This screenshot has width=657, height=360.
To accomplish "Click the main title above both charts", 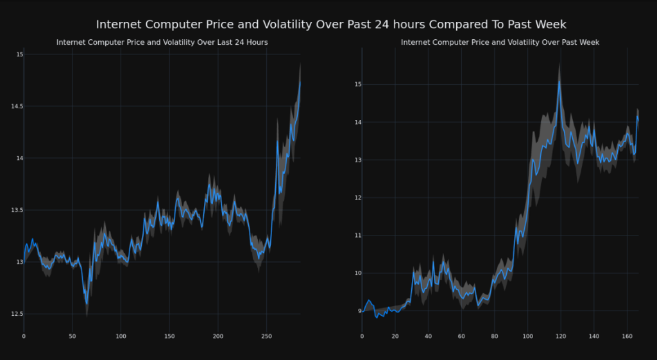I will pyautogui.click(x=331, y=24).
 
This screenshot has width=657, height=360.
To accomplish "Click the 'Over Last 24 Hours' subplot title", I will pyautogui.click(x=162, y=42).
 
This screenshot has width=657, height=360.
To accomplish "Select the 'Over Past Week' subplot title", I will pyautogui.click(x=500, y=42).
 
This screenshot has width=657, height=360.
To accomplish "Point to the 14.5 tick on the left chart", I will pyautogui.click(x=17, y=107).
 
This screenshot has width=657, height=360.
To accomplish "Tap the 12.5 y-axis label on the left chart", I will pyautogui.click(x=17, y=314).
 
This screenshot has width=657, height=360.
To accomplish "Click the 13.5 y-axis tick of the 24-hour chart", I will pyautogui.click(x=17, y=210).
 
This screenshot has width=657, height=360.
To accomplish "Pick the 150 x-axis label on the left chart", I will pyautogui.click(x=169, y=336).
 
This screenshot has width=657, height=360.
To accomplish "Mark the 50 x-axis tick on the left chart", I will pyautogui.click(x=72, y=336).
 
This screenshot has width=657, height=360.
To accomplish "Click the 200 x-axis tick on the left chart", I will pyautogui.click(x=218, y=336).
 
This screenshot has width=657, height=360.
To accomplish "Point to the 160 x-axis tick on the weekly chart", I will pyautogui.click(x=627, y=336).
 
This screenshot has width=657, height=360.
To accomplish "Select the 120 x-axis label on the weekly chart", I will pyautogui.click(x=560, y=336).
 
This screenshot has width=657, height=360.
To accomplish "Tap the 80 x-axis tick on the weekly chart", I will pyautogui.click(x=494, y=336).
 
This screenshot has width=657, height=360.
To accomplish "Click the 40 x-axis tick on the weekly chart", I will pyautogui.click(x=428, y=336).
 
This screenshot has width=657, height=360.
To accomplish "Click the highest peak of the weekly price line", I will pyautogui.click(x=559, y=80).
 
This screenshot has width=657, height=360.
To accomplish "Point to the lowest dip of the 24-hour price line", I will pyautogui.click(x=87, y=304).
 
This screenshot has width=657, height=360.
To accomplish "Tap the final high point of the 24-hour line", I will pyautogui.click(x=300, y=81).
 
